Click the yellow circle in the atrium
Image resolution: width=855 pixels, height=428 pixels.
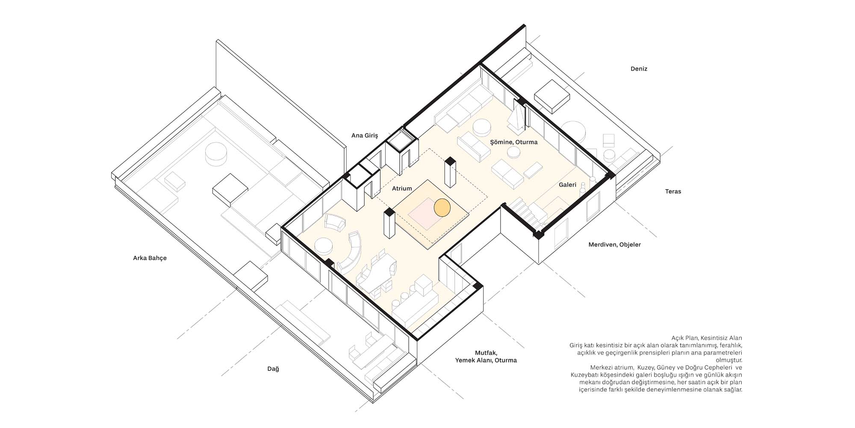tap(442, 207)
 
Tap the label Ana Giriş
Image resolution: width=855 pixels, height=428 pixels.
tap(365, 136)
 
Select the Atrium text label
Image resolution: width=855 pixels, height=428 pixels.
tap(402, 188)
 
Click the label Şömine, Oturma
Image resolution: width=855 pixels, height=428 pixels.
tap(514, 142)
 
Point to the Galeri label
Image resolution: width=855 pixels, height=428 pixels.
tap(568, 185)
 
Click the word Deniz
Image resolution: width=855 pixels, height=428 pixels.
tap(639, 69)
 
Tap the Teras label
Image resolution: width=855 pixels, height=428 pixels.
tap(673, 191)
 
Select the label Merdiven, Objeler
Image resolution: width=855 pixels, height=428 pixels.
tap(615, 245)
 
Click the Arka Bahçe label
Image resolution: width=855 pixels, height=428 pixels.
tap(150, 258)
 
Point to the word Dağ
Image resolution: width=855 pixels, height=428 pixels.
tap(273, 369)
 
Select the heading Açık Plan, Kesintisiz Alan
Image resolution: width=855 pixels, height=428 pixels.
tap(707, 338)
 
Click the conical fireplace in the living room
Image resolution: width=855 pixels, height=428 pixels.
tap(516, 117)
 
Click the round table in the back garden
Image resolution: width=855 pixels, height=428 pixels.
tap(217, 154)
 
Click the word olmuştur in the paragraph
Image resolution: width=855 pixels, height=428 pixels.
tap(730, 360)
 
